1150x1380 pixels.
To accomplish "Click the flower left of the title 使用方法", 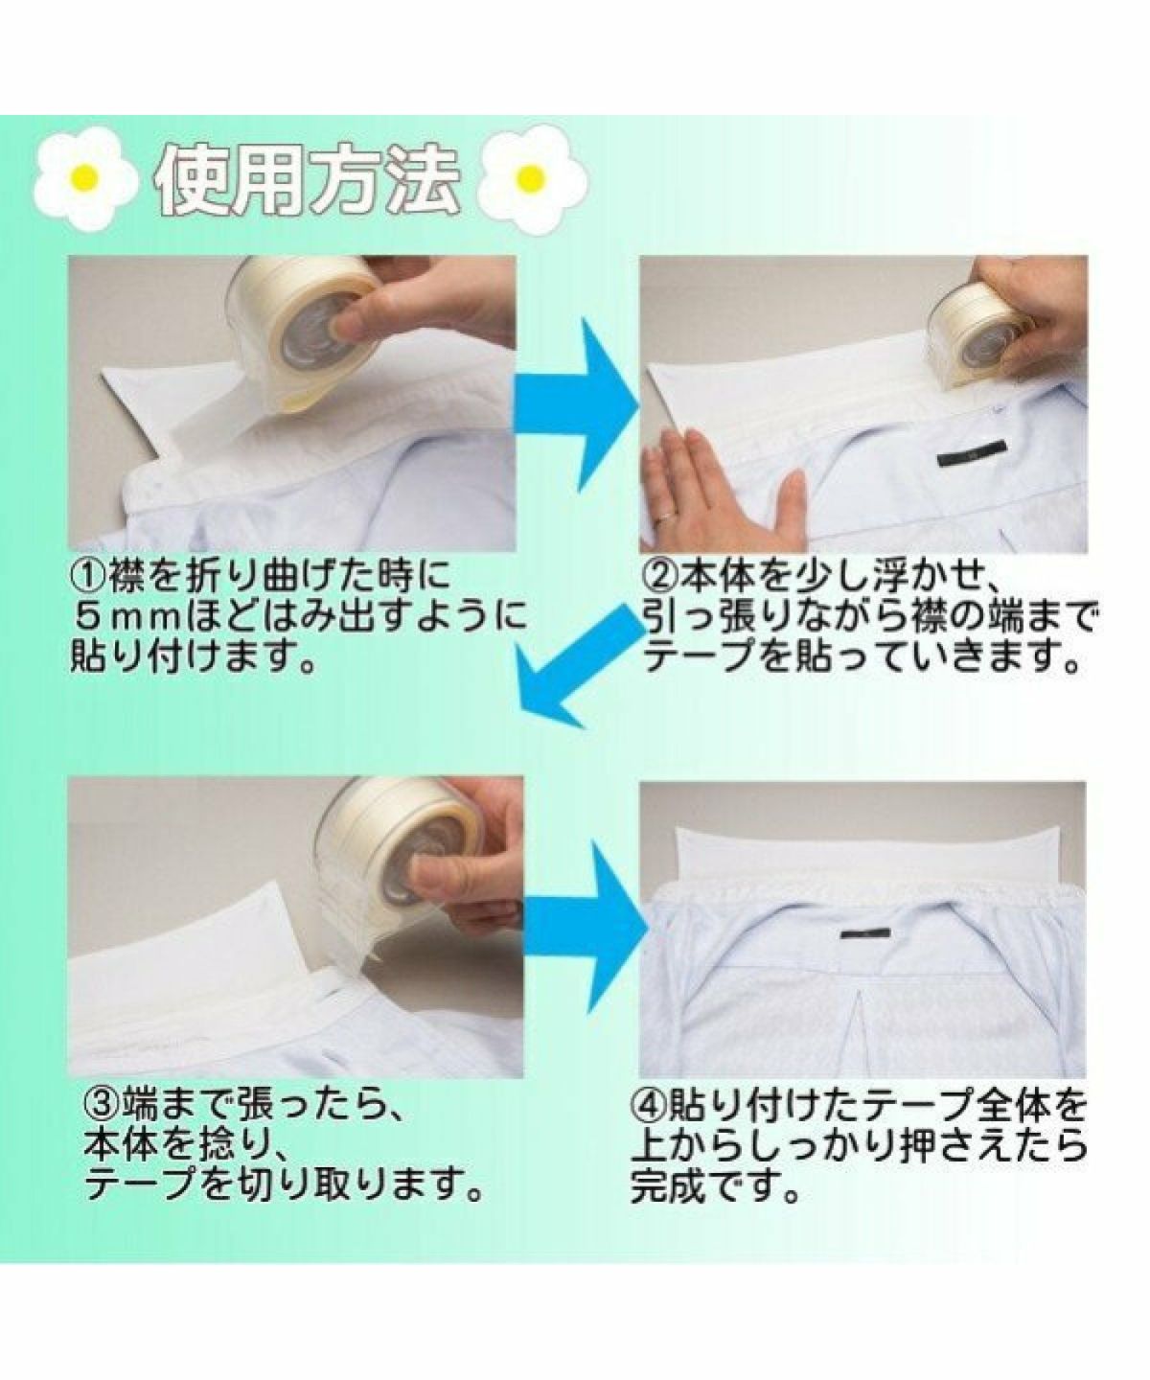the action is [x=87, y=176].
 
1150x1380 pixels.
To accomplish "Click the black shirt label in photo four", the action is [x=866, y=932].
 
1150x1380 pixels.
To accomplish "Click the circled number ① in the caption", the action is [x=87, y=576].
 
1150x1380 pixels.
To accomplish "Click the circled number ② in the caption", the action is [x=661, y=576].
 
